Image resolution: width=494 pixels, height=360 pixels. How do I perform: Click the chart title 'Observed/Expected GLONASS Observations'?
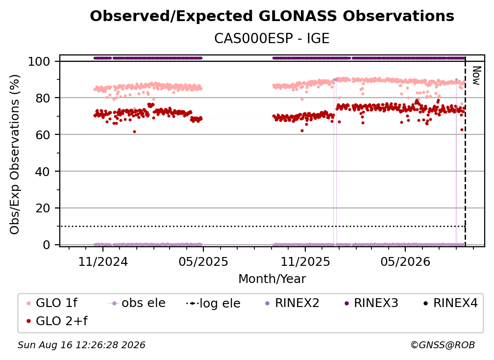point(272,16)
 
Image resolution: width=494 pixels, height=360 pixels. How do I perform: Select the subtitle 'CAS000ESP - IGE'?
point(272,38)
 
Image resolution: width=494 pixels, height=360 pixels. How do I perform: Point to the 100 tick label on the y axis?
point(39,61)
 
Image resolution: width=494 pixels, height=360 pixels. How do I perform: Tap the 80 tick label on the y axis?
point(43,98)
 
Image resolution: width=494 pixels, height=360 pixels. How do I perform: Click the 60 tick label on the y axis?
point(43,134)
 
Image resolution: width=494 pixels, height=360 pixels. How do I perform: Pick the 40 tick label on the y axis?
point(43,172)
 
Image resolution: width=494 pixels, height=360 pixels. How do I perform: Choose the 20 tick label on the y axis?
point(43,208)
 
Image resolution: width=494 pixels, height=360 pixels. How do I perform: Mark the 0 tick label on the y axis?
point(47,245)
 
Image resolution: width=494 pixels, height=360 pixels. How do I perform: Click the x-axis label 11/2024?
point(103,261)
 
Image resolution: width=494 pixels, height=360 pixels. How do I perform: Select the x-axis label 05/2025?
point(203,261)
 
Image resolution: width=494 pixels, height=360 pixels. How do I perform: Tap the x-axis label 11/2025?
point(305,261)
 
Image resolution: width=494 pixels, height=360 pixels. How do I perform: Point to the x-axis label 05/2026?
point(405,261)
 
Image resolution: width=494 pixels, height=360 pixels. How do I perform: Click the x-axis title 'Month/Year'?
point(272,279)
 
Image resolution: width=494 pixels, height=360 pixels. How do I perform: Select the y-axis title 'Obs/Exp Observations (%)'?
point(15,154)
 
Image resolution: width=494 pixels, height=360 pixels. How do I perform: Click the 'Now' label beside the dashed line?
point(476,76)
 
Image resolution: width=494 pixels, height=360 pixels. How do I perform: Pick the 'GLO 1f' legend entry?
point(52,303)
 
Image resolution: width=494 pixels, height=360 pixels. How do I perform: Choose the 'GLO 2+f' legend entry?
point(57,321)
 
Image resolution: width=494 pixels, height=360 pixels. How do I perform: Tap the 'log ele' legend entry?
point(213,303)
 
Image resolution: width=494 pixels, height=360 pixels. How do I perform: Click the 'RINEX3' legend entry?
point(372,303)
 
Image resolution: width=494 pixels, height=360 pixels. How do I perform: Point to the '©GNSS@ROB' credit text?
point(443,345)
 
